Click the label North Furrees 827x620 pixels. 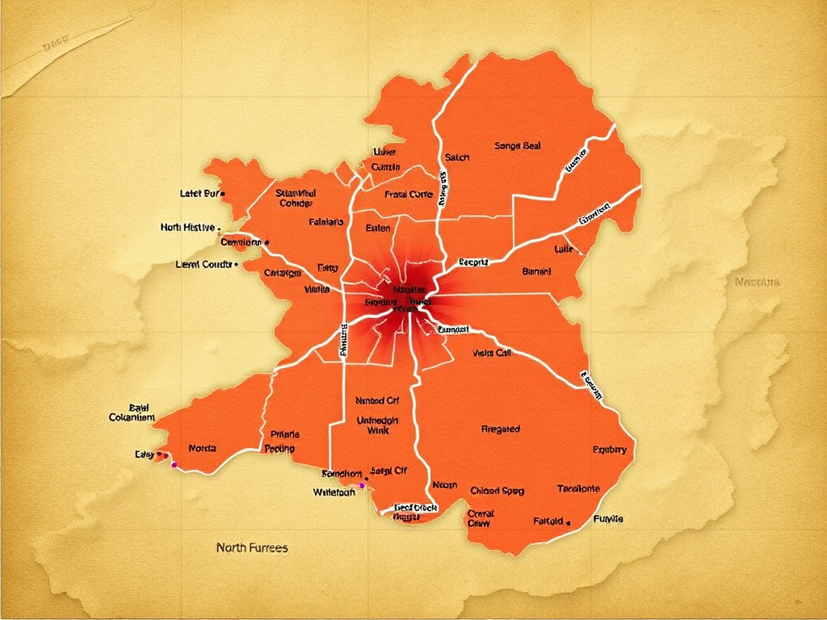pos(252,547)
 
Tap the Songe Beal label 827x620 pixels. pos(517,146)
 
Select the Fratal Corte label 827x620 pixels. pos(409,194)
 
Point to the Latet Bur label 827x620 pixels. pos(199,194)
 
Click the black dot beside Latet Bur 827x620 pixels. pos(222,194)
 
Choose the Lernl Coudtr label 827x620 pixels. pos(204,264)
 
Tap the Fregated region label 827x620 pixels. pos(500,429)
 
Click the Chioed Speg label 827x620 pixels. pos(497,490)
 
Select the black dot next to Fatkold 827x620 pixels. pos(569,522)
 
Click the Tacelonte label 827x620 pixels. pos(579,488)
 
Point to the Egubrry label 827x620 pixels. pos(609,450)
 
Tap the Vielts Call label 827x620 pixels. pos(492,353)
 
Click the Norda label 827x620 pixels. pos(202,447)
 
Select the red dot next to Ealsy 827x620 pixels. pos(166,455)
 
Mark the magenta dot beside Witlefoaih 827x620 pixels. pos(362,486)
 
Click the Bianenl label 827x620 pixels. pos(536,271)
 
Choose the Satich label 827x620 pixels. pos(457,157)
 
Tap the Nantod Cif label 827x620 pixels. pos(377,400)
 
